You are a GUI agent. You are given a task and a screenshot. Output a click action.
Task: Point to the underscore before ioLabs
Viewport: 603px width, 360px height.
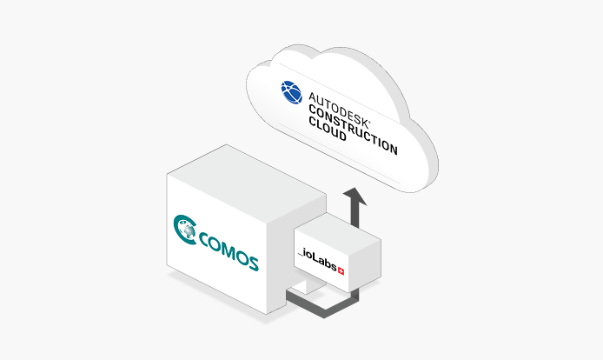[301, 255]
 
